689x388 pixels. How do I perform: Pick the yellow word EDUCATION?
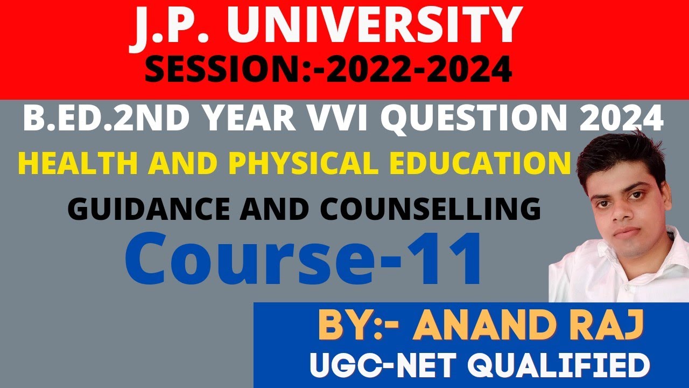click(474, 164)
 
